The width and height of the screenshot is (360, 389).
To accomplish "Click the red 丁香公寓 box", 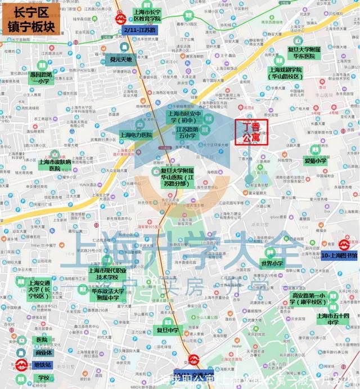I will [x=251, y=133].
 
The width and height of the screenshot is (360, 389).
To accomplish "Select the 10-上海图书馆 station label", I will [x=340, y=255].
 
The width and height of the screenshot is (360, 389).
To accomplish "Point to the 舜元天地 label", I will [x=121, y=59].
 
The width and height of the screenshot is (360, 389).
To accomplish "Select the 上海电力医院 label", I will [x=136, y=135].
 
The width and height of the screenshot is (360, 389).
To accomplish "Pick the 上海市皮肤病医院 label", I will [x=55, y=165].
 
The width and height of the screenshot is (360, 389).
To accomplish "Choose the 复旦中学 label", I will [x=167, y=330].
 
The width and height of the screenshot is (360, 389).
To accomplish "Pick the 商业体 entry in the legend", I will [x=42, y=352].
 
